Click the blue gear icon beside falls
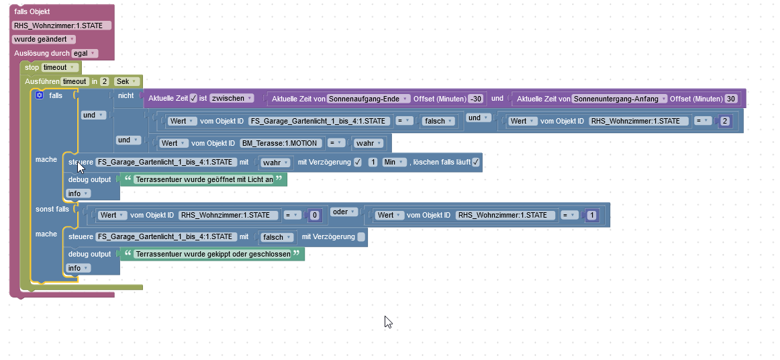pyautogui.click(x=39, y=95)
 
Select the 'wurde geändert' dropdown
pyautogui.click(x=44, y=39)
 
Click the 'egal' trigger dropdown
pyautogui.click(x=85, y=53)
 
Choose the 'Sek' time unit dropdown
pyautogui.click(x=126, y=81)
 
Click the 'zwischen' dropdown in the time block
pyautogui.click(x=232, y=98)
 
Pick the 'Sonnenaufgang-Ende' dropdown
pyautogui.click(x=369, y=99)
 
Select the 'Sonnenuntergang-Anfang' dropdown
pyautogui.click(x=619, y=99)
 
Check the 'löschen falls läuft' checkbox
pyautogui.click(x=475, y=163)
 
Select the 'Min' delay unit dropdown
pyautogui.click(x=394, y=163)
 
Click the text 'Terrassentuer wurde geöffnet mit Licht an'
pyautogui.click(x=204, y=180)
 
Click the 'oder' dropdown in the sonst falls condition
pyautogui.click(x=344, y=212)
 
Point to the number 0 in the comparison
pyautogui.click(x=314, y=216)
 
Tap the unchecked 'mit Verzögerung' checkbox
pyautogui.click(x=361, y=237)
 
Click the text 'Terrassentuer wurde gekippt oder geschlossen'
pyautogui.click(x=213, y=255)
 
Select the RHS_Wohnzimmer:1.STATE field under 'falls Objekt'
pyautogui.click(x=61, y=26)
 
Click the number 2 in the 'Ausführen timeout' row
pyautogui.click(x=104, y=81)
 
